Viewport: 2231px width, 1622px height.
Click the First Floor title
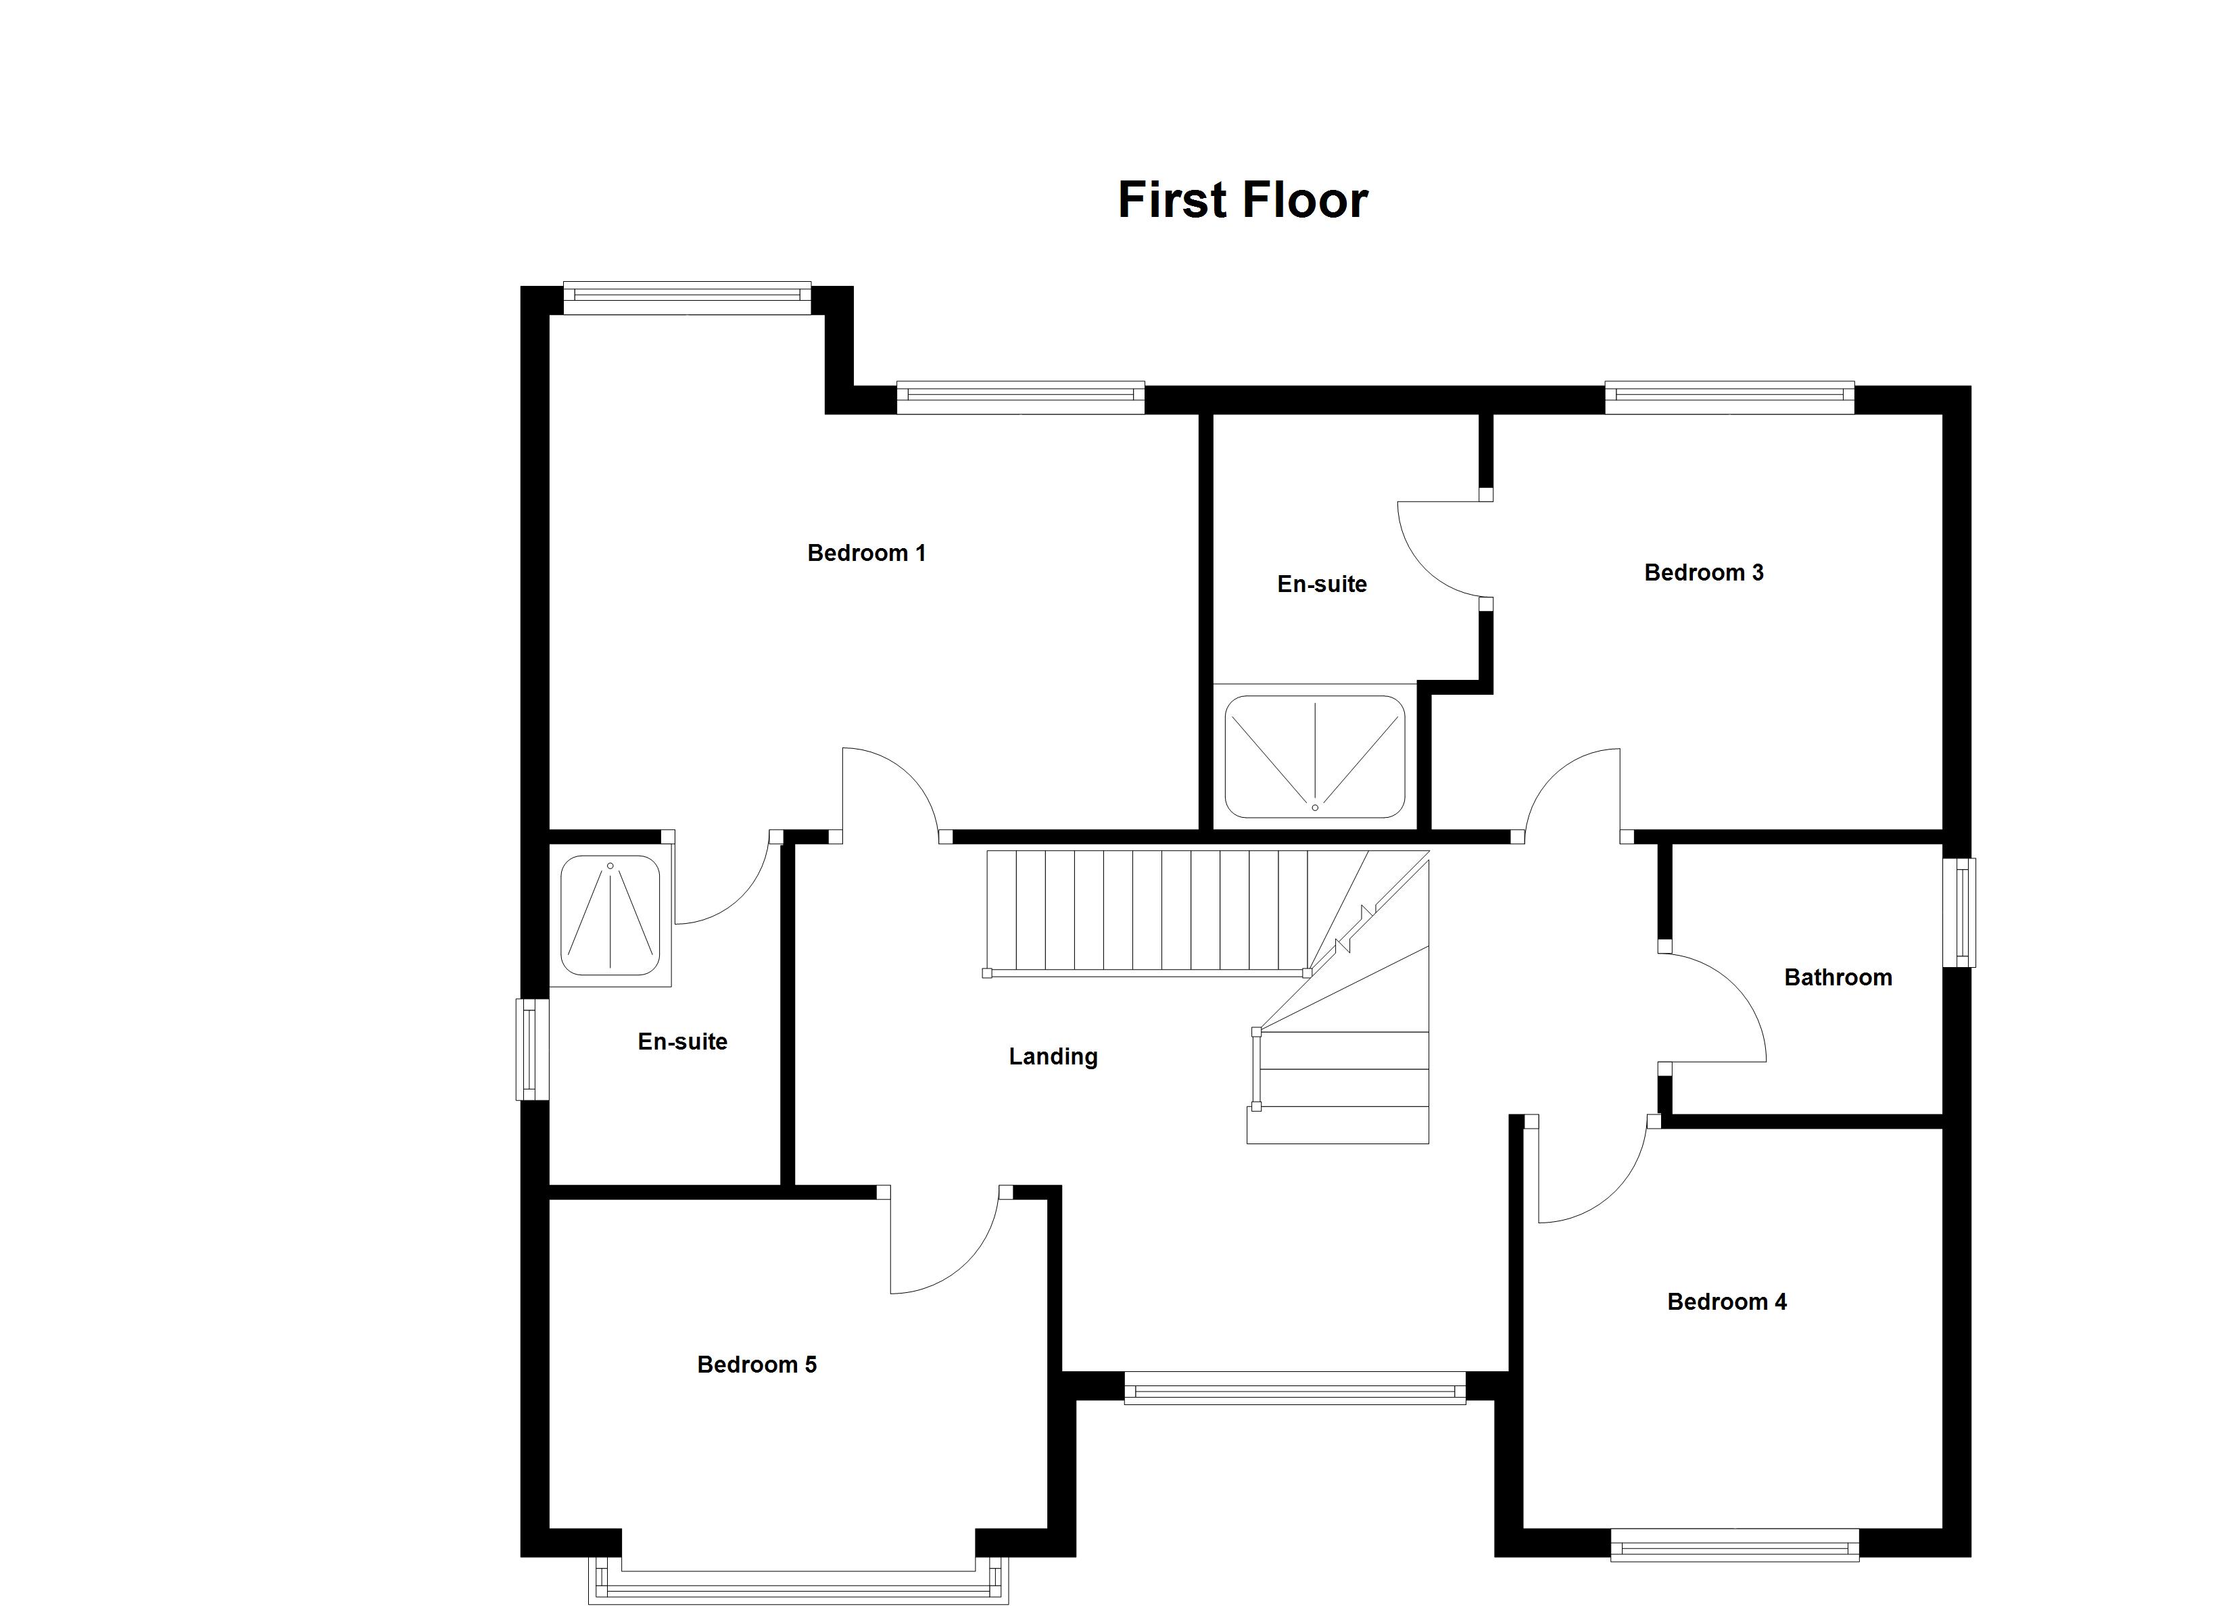coord(1243,199)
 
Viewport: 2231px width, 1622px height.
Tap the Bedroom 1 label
coord(867,553)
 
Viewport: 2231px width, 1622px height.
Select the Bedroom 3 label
coord(1704,572)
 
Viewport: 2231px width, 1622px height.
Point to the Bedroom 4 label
coord(1727,1302)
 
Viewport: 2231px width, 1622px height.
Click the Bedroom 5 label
coord(757,1365)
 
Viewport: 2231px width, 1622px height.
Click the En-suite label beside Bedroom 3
coord(1322,585)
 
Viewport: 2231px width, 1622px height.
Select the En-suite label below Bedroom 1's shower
coord(683,1041)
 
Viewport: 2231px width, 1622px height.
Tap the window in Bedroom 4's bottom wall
coord(1734,1544)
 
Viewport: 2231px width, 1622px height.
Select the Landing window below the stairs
coord(1295,1387)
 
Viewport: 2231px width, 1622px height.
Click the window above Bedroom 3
coord(1729,397)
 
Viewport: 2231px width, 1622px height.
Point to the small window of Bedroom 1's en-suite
coord(532,1050)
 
